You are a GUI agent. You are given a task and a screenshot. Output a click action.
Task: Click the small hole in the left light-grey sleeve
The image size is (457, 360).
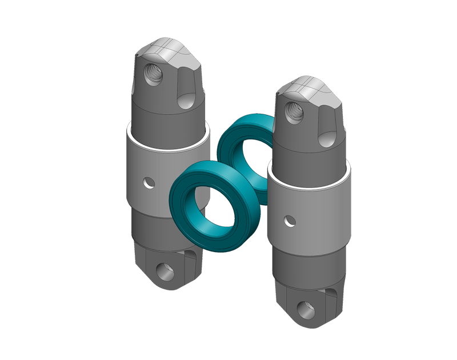click(149, 183)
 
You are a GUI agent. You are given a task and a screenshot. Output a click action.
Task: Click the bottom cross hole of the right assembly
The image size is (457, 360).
click(306, 309)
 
